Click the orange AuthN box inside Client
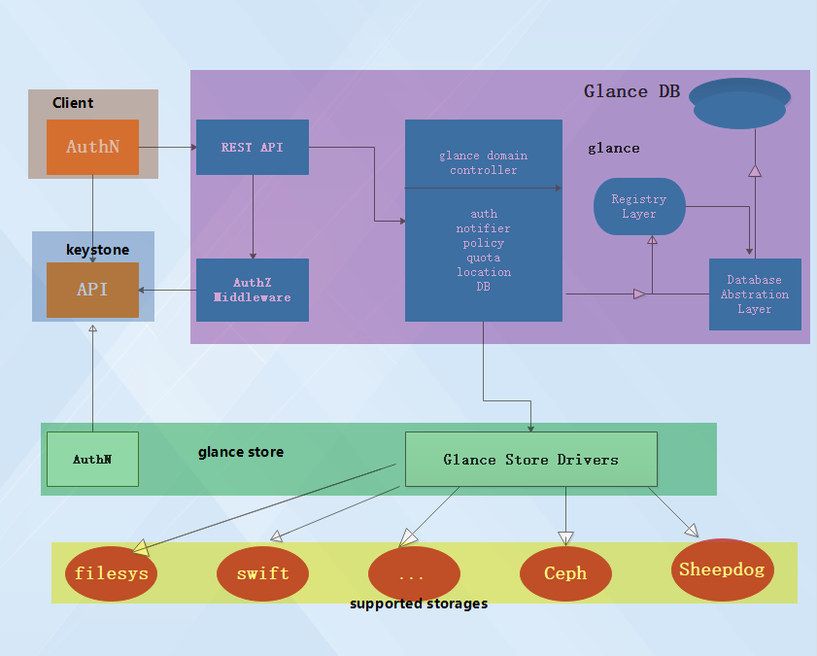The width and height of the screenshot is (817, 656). [x=92, y=148]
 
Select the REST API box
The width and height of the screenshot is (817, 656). [x=253, y=148]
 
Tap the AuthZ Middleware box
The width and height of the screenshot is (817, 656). [x=253, y=290]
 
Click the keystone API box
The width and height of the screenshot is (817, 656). [x=92, y=290]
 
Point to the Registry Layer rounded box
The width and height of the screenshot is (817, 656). [x=638, y=206]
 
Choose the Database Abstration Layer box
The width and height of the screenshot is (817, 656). [x=755, y=294]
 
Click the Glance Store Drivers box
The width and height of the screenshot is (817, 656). [x=530, y=460]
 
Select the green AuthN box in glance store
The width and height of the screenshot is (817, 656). [x=92, y=459]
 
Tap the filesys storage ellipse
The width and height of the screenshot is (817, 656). [x=112, y=573]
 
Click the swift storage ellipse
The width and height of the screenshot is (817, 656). [x=262, y=573]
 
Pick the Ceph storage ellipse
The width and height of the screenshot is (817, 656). [x=565, y=573]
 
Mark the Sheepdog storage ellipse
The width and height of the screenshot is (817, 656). [x=722, y=570]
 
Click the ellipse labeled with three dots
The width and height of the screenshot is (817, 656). [x=414, y=573]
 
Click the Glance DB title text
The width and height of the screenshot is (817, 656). [x=631, y=91]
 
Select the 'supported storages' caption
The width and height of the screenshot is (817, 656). [x=419, y=604]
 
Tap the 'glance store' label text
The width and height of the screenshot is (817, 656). [x=241, y=452]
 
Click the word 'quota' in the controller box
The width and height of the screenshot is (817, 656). [x=483, y=258]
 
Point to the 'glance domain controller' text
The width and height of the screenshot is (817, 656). [x=483, y=162]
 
